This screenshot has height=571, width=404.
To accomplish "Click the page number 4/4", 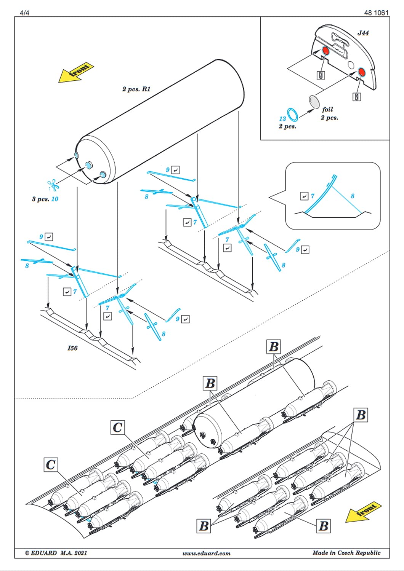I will point(24,13).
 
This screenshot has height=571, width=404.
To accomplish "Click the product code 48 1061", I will point(376,13).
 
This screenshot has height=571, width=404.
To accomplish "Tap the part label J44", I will point(363,33).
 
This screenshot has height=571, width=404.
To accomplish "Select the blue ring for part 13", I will point(293,114).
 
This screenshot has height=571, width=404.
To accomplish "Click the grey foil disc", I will point(315,102).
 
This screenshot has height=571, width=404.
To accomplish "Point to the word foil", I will point(327,109).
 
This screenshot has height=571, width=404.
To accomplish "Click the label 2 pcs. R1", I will point(136,89).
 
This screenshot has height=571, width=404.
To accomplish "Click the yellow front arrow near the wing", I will point(363,511).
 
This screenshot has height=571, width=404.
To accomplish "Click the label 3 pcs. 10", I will point(45,199).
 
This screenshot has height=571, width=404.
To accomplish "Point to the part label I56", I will point(72,348).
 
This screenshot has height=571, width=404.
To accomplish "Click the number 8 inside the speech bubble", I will point(353,196).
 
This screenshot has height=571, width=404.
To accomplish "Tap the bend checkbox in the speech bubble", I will point(304,196).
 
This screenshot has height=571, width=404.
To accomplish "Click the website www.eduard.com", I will point(206,553).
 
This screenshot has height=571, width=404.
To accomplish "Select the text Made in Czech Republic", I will point(346,553).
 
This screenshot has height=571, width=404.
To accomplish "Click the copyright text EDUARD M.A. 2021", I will point(56,553).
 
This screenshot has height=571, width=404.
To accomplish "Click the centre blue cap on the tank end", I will point(89,165).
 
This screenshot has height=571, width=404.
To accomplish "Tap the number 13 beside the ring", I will point(282,119).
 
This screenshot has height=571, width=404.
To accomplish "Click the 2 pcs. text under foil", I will point(329,118).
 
